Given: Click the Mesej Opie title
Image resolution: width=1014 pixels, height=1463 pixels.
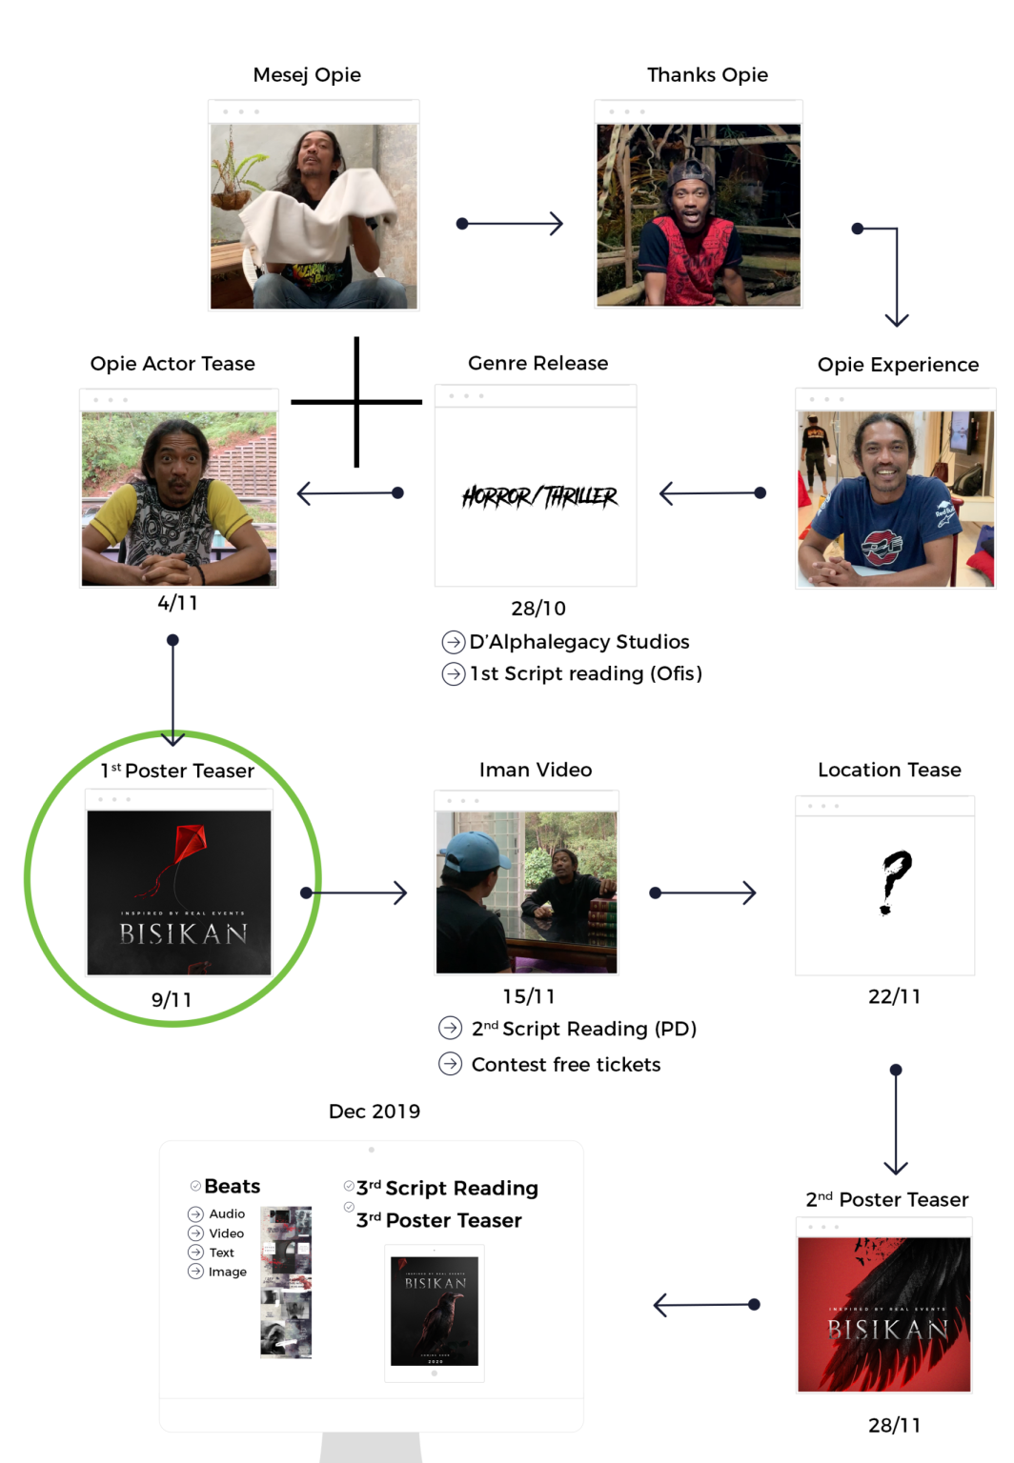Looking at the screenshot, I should pos(307,75).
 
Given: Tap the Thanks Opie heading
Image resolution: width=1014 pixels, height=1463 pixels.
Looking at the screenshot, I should pos(707,75).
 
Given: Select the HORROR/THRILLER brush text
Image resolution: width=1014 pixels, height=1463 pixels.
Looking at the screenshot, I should pos(539,496).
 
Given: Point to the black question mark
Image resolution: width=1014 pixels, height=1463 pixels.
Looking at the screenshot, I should pos(894,881).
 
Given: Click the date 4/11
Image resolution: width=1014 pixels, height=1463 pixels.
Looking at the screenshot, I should pos(178,603).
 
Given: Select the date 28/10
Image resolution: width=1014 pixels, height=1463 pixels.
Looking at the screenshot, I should pos(538,609).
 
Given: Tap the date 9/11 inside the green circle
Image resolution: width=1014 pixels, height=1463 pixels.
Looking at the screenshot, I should pos(172,1000).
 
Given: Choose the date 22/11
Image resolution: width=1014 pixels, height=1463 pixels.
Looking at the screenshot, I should pos(894,997).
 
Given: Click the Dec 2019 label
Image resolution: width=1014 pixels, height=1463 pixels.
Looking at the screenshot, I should pos(375,1112).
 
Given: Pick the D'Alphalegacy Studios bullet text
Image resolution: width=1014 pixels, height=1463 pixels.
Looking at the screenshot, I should pos(579,642).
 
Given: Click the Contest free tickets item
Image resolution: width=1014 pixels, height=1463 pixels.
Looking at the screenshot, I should pos(566,1065).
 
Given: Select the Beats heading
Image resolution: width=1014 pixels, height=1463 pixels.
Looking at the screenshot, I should pos(233,1187).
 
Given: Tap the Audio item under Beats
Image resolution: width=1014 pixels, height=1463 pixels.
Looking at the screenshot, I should pos(227,1214).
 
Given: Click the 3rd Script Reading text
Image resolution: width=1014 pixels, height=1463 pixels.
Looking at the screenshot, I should pos(447,1189).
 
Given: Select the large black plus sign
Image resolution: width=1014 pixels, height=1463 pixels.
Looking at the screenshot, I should pos(356,402).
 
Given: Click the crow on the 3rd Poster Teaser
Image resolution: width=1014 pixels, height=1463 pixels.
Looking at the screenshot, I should pos(436,1320).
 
